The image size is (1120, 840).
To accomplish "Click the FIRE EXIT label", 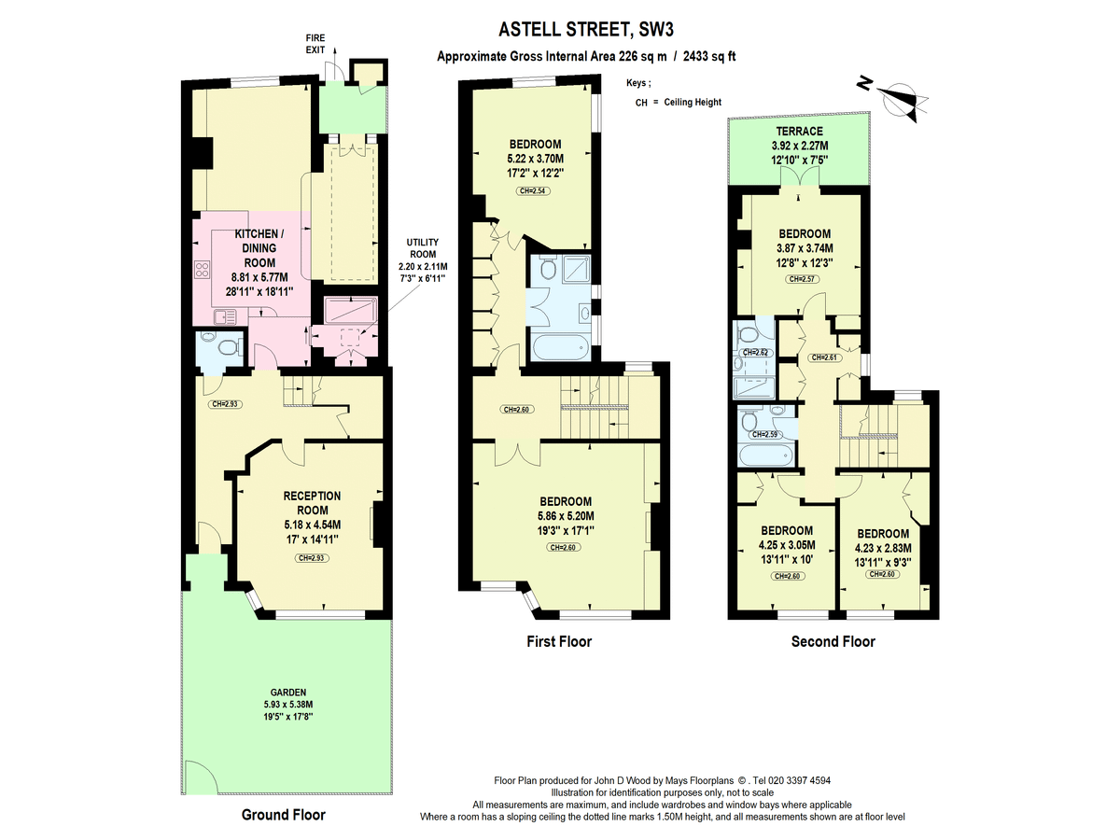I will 316,42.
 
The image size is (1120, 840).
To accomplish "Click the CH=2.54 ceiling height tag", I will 535,191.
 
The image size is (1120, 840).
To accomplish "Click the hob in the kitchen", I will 202,271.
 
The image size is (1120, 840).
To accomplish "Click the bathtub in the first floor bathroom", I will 561,351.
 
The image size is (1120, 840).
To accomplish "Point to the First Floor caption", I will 558,642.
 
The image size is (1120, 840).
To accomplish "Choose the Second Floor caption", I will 833,642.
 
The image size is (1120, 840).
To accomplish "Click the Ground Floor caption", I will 284,815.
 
